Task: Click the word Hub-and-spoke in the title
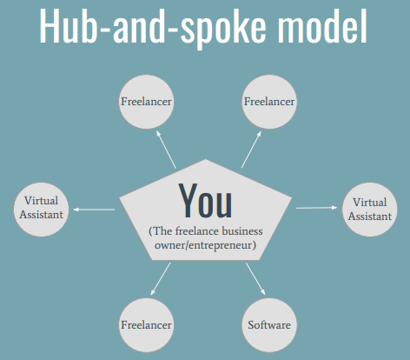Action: click(153, 27)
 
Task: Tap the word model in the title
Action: click(322, 25)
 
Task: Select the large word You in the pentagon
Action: click(205, 201)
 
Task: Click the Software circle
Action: click(269, 325)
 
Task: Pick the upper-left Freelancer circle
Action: click(147, 102)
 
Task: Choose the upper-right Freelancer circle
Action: click(269, 102)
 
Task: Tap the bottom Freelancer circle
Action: click(147, 325)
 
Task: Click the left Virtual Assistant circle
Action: click(41, 210)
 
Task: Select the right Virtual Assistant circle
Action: click(370, 210)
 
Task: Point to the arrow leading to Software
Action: click(255, 279)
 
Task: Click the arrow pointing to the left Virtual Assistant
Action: click(94, 210)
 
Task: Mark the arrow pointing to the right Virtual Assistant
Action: click(317, 208)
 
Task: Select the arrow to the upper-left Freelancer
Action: click(166, 150)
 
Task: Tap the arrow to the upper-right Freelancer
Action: click(251, 150)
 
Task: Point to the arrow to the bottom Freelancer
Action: click(161, 279)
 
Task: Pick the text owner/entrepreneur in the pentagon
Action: click(205, 245)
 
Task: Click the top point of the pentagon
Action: click(206, 159)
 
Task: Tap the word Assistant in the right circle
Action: click(370, 217)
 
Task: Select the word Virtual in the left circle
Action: click(41, 201)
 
